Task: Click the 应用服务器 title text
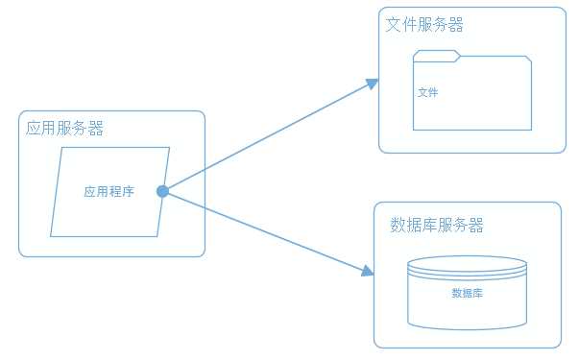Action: point(65,129)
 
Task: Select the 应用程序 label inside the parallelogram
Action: point(109,192)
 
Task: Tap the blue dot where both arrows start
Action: point(162,192)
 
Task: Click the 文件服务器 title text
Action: point(424,25)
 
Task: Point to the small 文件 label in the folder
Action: point(428,93)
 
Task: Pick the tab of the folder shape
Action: point(437,54)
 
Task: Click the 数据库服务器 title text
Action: point(437,226)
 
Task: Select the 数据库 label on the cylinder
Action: point(467,293)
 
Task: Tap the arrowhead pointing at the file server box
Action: point(374,84)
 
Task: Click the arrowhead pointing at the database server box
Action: point(367,272)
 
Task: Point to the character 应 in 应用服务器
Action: point(34,129)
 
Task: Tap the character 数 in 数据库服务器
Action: point(398,226)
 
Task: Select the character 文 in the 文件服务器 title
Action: point(393,25)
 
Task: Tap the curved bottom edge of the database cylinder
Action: point(468,326)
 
